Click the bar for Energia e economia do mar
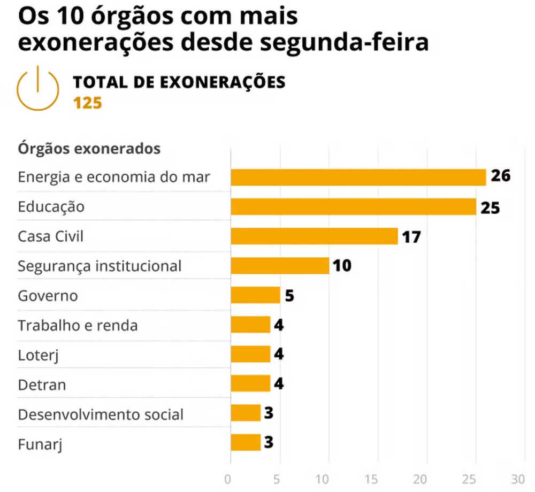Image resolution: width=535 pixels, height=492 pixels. coord(358,177)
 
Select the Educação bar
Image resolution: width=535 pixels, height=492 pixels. coord(353,206)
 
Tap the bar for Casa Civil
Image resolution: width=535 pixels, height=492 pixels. coord(314,236)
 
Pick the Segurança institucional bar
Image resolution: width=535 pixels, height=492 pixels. coord(280,265)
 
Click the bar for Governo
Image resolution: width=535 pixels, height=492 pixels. coord(255,295)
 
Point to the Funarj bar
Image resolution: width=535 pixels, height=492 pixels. coord(246,442)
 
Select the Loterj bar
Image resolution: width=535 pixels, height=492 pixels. coord(250,354)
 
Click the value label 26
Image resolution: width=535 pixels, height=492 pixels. coord(501,176)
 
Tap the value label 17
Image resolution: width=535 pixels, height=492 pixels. coord(411,236)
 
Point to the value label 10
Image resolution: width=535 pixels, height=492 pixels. coord(342,265)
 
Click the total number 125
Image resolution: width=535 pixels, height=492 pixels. coord(88,103)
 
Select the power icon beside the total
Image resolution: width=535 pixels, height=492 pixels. coord(37,89)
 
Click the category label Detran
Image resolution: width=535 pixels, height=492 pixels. coord(42,385)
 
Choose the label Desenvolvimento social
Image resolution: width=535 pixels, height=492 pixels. coord(101,414)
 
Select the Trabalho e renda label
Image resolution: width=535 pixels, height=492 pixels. coord(78,325)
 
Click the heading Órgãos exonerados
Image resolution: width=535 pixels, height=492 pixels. coord(89,148)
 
